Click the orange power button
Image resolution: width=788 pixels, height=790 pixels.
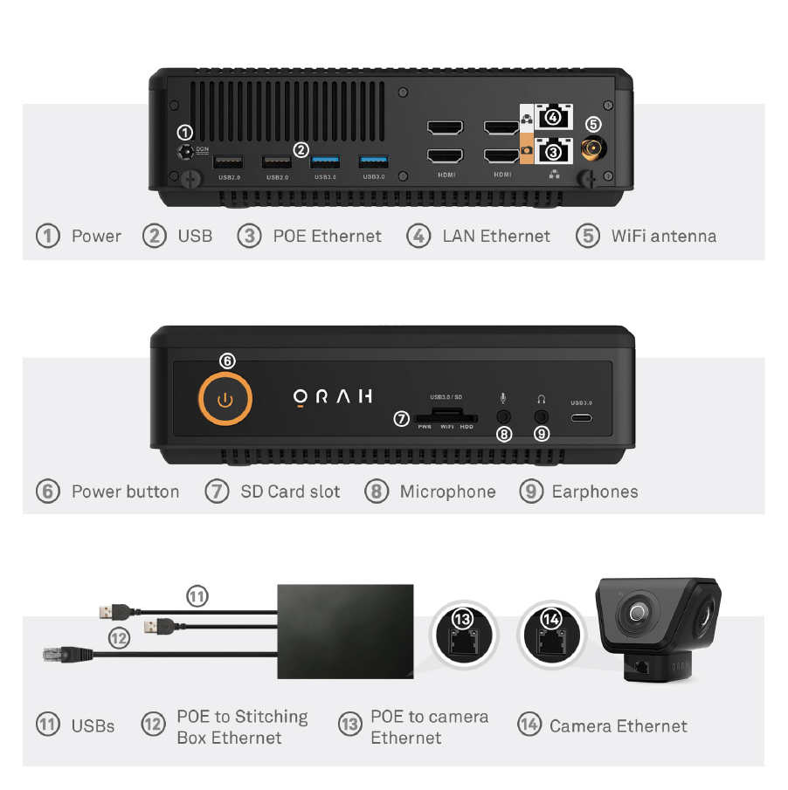pyautogui.click(x=225, y=399)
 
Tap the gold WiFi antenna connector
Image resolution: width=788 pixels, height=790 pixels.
pyautogui.click(x=593, y=148)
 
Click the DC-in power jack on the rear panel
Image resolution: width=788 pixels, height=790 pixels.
pyautogui.click(x=186, y=152)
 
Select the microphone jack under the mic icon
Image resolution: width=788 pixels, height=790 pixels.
pyautogui.click(x=503, y=417)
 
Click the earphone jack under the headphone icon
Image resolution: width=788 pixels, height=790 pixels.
pyautogui.click(x=542, y=417)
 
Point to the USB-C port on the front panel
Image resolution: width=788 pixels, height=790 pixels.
pyautogui.click(x=581, y=417)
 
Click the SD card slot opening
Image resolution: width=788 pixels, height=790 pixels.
pyautogui.click(x=446, y=416)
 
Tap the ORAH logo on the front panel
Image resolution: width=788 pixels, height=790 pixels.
pyautogui.click(x=333, y=397)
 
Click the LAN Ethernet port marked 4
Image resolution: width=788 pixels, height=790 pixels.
pyautogui.click(x=554, y=117)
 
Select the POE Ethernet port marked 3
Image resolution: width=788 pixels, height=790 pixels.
pyautogui.click(x=554, y=151)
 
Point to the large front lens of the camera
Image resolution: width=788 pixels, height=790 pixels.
pyautogui.click(x=637, y=613)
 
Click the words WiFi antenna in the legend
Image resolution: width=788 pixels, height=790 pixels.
pyautogui.click(x=663, y=236)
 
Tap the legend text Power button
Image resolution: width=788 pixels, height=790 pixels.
pyautogui.click(x=125, y=491)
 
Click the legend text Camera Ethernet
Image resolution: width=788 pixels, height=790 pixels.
pyautogui.click(x=619, y=726)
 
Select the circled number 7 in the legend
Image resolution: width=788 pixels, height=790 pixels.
pyautogui.click(x=218, y=491)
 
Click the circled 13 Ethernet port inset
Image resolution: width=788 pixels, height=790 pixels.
pyautogui.click(x=463, y=635)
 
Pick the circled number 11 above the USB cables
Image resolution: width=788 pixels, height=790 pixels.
pyautogui.click(x=197, y=596)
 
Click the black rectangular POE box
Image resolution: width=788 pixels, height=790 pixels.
pyautogui.click(x=345, y=631)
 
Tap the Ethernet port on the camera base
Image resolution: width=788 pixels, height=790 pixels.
pyautogui.click(x=641, y=667)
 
